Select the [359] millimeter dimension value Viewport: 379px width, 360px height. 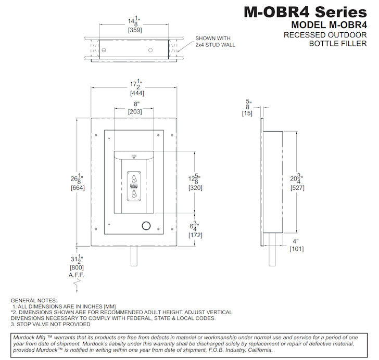point(135,30)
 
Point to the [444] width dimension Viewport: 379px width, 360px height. point(137,93)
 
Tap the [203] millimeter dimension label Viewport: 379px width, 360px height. point(134,112)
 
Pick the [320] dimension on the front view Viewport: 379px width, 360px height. point(195,188)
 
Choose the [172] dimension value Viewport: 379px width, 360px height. point(195,236)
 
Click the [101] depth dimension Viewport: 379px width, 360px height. point(296,249)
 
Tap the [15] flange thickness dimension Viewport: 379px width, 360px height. point(247,113)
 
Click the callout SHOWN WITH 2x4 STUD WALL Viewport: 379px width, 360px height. point(215,42)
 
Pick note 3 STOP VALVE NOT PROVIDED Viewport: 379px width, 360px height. point(50,324)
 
